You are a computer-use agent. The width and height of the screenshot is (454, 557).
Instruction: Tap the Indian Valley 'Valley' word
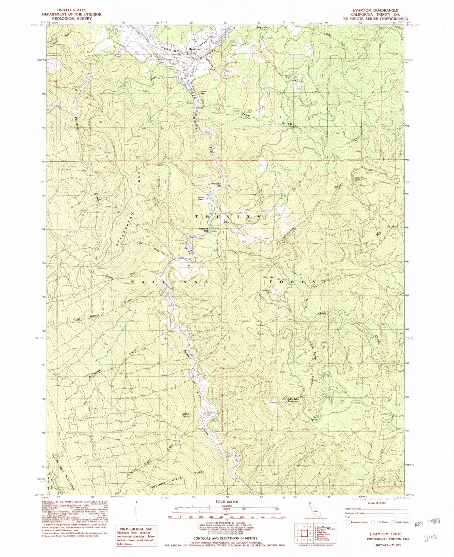pos(322,313)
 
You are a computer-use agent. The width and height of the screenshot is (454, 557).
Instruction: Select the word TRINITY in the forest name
pos(228,217)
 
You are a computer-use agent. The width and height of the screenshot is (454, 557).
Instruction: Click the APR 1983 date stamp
pos(427,521)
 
